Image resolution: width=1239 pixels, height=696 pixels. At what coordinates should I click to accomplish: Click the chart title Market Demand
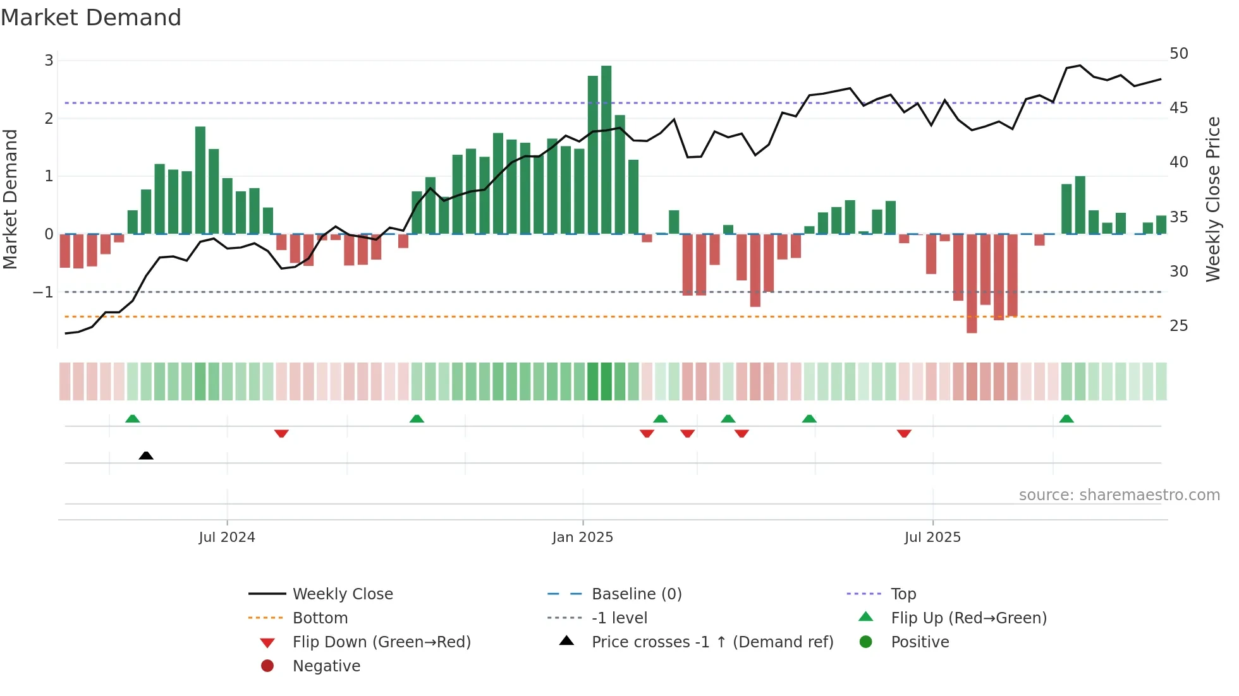[x=91, y=18]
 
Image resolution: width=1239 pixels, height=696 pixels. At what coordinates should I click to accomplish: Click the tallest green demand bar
[x=606, y=150]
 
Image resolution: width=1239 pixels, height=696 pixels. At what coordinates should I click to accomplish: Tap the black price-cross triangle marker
[x=146, y=455]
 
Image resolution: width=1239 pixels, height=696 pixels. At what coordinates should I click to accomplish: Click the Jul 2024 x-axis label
[x=226, y=537]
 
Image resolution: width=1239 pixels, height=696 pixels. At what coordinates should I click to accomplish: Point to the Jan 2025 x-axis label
[x=582, y=537]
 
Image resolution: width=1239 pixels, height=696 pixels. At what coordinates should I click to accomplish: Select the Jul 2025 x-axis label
[x=932, y=537]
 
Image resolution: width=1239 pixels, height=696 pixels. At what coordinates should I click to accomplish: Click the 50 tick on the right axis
[x=1178, y=54]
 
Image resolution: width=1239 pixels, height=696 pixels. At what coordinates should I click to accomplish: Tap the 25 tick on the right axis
[x=1178, y=326]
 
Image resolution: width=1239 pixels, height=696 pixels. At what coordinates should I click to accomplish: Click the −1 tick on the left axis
[x=43, y=292]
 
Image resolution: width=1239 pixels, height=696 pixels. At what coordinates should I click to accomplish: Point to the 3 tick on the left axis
[x=49, y=61]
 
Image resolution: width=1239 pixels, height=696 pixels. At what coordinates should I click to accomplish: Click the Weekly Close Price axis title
[x=1212, y=199]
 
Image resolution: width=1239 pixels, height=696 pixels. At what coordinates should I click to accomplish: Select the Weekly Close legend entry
[x=342, y=594]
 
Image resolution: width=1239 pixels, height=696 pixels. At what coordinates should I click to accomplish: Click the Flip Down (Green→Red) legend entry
[x=381, y=642]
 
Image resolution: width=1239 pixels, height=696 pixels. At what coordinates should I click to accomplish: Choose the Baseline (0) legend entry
[x=636, y=594]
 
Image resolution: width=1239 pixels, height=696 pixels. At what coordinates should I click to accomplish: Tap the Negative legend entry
[x=326, y=666]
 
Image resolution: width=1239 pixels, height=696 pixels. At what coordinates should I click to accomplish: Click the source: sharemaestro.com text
[x=1119, y=495]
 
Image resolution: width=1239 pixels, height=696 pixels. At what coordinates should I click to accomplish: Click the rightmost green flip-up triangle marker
[x=1066, y=419]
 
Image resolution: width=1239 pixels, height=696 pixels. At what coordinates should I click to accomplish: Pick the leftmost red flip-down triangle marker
[x=281, y=433]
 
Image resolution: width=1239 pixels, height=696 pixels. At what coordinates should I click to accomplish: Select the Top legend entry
[x=903, y=594]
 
